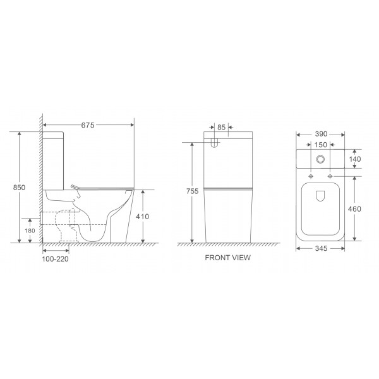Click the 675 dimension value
87,126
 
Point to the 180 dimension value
29,231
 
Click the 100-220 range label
56,258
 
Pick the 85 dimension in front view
220,126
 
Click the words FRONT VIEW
228,258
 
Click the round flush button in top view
321,160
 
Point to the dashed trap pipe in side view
66,224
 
